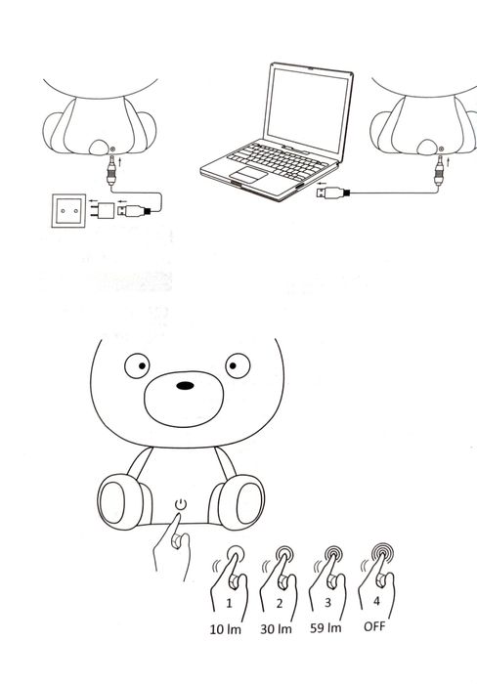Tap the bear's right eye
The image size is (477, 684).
(x=236, y=367)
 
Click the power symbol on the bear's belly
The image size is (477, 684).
(x=179, y=504)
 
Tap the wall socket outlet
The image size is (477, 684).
(x=67, y=210)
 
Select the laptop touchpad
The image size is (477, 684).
(x=247, y=173)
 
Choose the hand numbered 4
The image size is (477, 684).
(x=377, y=586)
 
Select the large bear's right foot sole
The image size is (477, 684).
(x=241, y=502)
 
